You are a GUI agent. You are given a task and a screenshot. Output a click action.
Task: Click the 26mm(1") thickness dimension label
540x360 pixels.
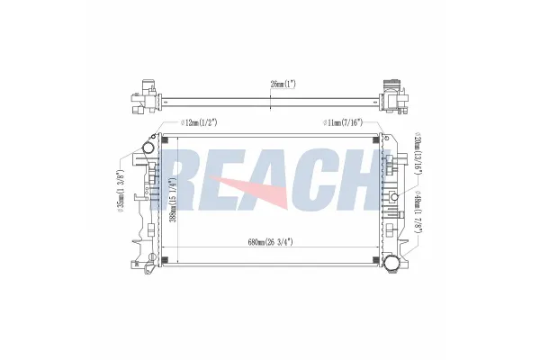pyautogui.click(x=283, y=84)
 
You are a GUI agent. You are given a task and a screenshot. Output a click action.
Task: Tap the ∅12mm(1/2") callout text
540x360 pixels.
pyautogui.click(x=199, y=122)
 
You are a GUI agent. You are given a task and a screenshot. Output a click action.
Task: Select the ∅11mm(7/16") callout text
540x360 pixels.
pyautogui.click(x=343, y=122)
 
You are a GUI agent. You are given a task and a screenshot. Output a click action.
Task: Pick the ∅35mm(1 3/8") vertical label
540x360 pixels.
pyautogui.click(x=120, y=191)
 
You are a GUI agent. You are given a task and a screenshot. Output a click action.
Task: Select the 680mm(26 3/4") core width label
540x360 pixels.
pyautogui.click(x=271, y=242)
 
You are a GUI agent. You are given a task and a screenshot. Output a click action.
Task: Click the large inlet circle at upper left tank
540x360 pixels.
pyautogui.click(x=149, y=148)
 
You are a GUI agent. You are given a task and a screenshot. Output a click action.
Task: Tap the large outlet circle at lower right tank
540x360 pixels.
pyautogui.click(x=391, y=265)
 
